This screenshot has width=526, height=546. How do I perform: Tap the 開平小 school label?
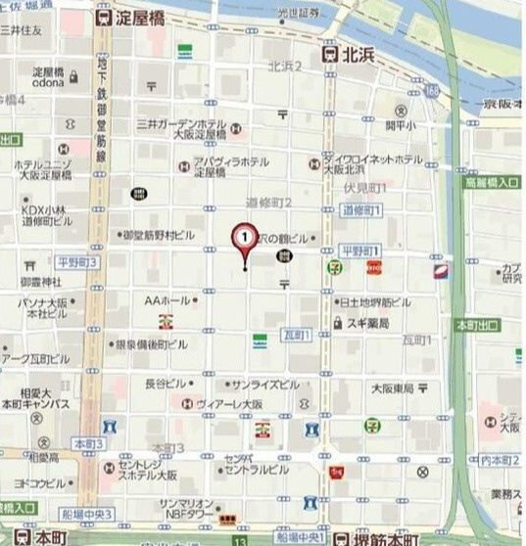[400, 125]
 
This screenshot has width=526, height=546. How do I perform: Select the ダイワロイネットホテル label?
[378, 159]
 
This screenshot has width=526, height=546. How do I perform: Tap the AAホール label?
[168, 300]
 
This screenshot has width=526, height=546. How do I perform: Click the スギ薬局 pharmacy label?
[370, 322]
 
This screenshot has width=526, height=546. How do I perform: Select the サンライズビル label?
[266, 386]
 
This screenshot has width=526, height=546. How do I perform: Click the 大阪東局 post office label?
[392, 387]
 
